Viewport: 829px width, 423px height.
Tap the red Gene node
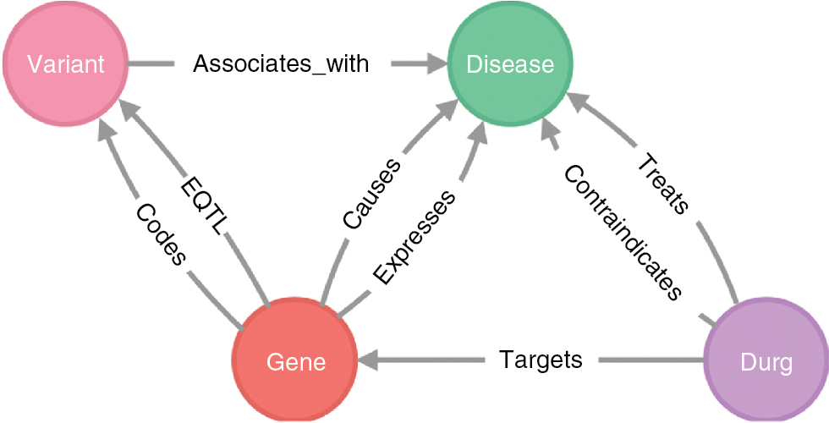[295, 361]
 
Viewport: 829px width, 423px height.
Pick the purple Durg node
[765, 363]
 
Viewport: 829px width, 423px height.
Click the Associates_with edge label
[281, 63]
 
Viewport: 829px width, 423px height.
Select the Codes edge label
[160, 233]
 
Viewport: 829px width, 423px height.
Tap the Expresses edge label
[415, 236]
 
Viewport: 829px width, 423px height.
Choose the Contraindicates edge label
[622, 233]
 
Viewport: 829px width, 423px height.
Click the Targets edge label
[541, 360]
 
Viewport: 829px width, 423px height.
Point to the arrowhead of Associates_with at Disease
[436, 63]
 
